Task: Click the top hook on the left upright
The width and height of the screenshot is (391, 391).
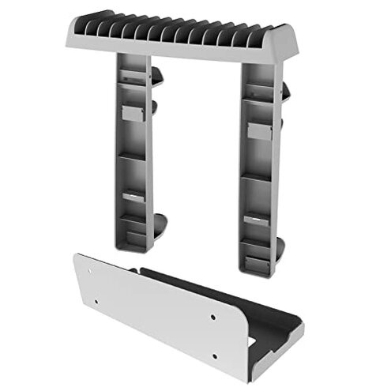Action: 157,76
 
